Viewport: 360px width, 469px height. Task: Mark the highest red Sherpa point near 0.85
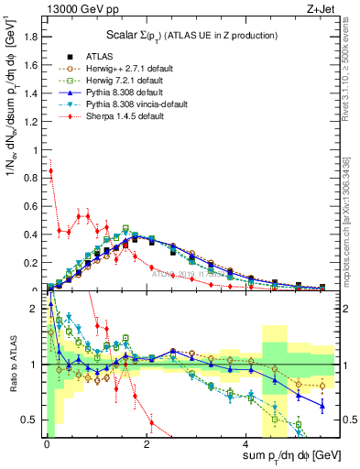[50, 170]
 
